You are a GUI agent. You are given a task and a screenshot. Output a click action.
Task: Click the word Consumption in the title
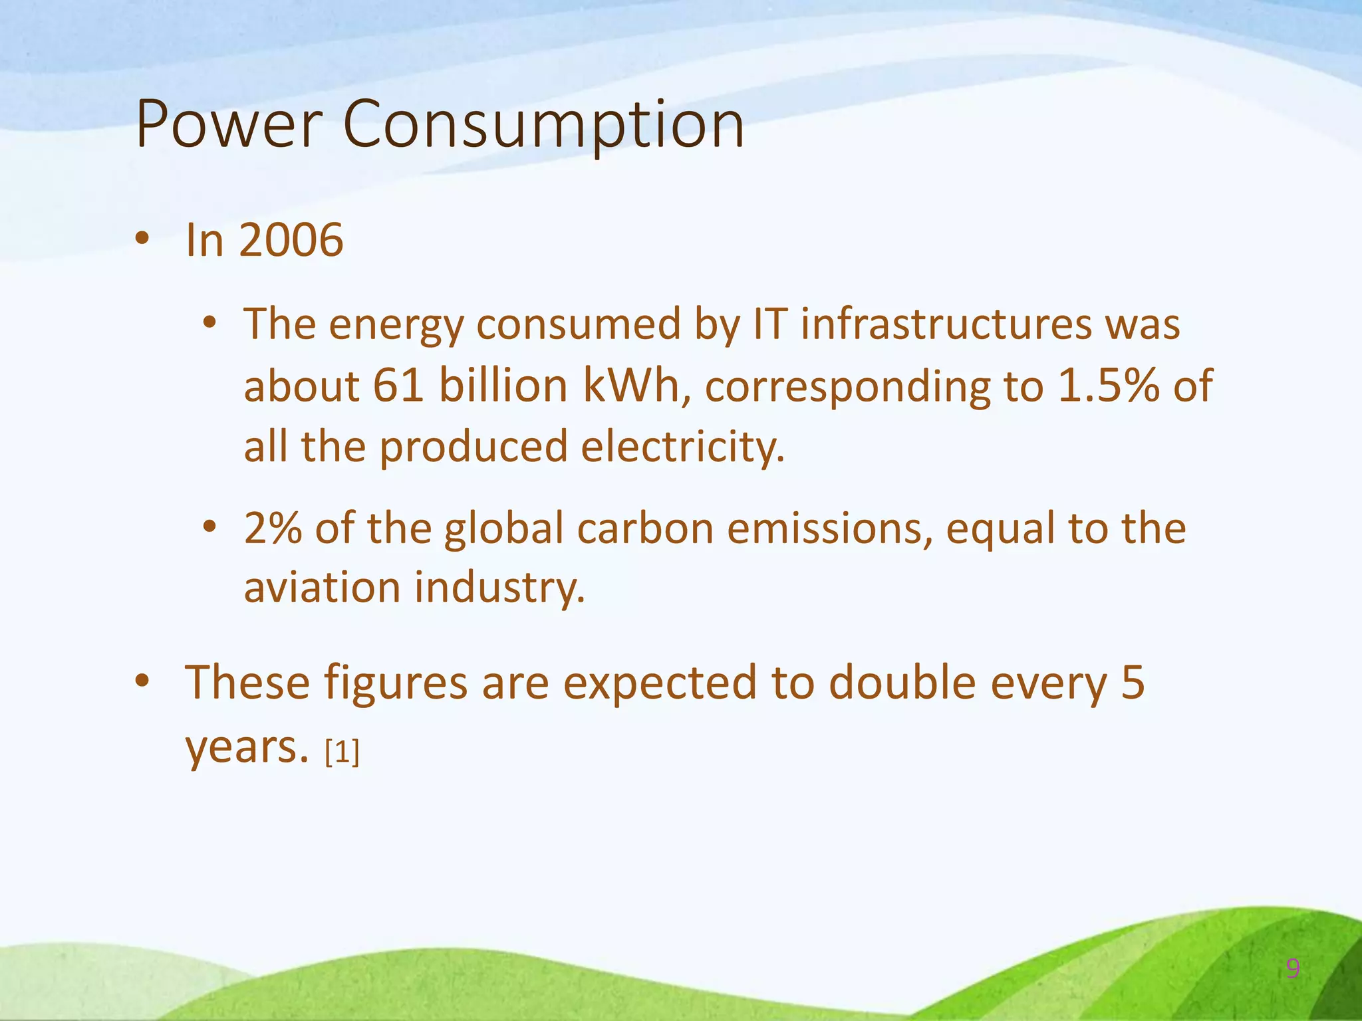tap(543, 124)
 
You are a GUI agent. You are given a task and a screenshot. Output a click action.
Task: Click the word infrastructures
tap(945, 324)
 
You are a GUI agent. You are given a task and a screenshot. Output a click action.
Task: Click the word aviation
tap(322, 588)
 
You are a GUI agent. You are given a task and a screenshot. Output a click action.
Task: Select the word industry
tap(499, 588)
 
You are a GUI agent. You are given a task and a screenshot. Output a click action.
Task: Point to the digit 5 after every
tap(1133, 683)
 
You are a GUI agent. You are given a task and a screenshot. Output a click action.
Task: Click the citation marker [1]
tap(342, 752)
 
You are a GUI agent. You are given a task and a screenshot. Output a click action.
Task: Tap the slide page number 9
tap(1293, 968)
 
